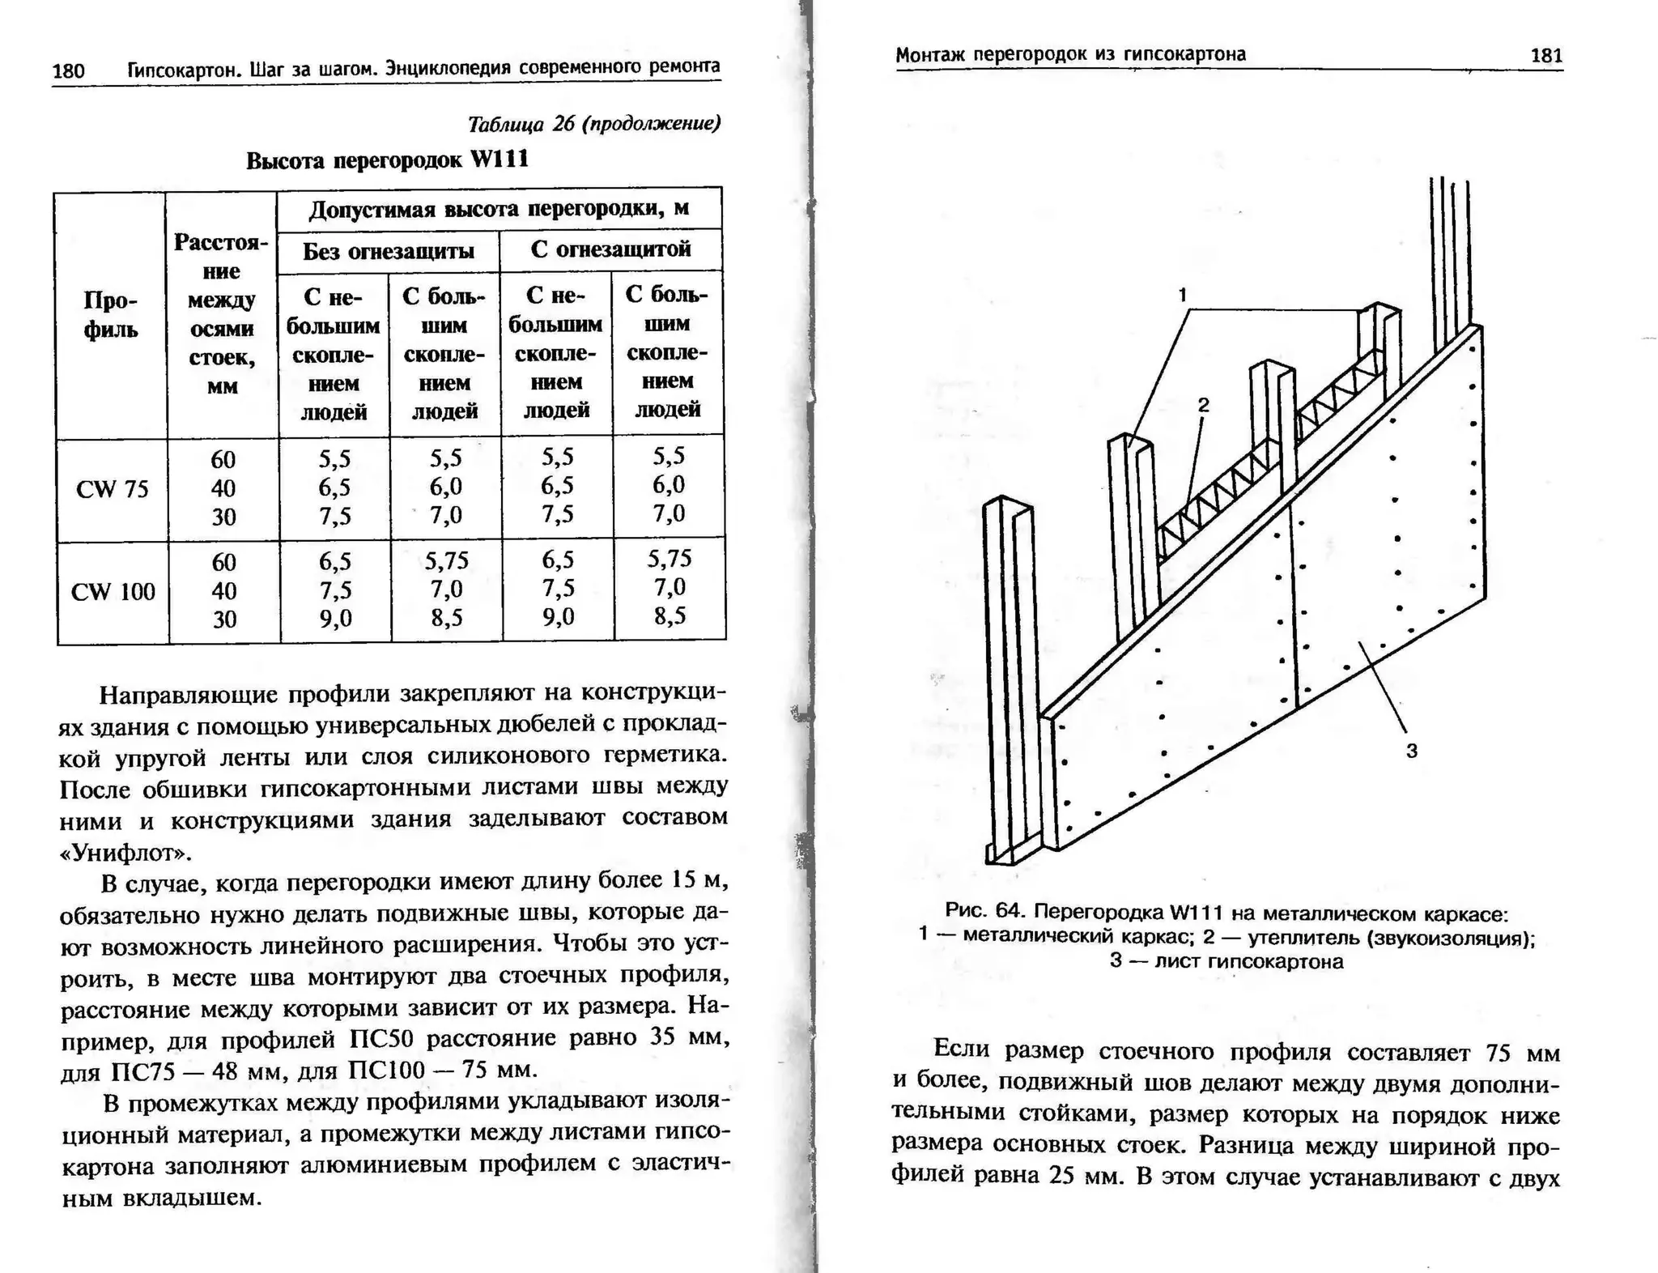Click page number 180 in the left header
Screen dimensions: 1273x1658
[68, 71]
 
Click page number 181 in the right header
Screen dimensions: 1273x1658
[1545, 56]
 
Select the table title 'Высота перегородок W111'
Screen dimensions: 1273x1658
[387, 160]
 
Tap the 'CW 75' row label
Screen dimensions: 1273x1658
[113, 489]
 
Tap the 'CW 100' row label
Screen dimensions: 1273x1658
[113, 592]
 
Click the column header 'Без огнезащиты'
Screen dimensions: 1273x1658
[388, 251]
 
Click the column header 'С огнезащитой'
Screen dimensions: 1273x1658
[610, 249]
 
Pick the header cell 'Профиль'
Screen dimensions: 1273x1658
[111, 315]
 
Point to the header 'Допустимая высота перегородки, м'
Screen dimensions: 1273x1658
[499, 208]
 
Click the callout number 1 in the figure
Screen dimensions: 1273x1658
[1183, 295]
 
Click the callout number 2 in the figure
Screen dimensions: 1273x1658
[1204, 405]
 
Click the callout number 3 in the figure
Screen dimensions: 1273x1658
[1411, 751]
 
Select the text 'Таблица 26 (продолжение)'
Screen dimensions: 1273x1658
[593, 124]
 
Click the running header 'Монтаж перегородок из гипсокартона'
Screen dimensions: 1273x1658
[1070, 54]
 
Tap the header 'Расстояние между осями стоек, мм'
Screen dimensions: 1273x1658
[222, 314]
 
